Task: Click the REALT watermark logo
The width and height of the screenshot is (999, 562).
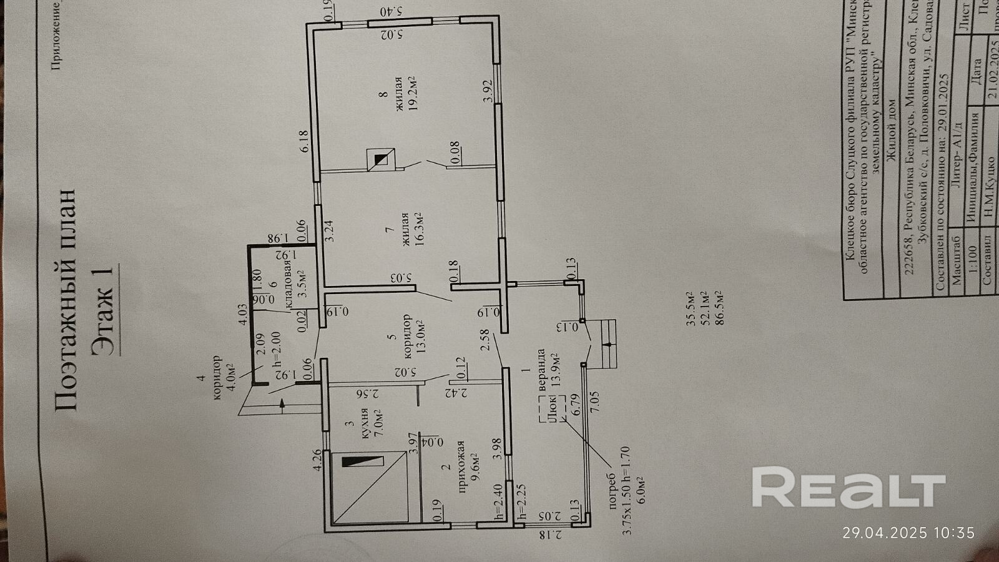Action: tap(848, 487)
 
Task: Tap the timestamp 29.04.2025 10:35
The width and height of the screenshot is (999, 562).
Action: tap(908, 533)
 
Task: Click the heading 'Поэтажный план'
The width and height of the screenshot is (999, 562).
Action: tap(69, 300)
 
